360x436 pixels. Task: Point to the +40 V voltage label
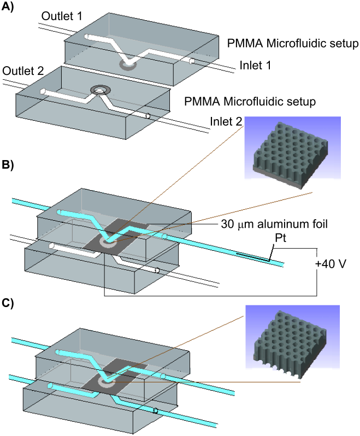tap(332, 264)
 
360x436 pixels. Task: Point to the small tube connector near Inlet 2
tap(147, 116)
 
